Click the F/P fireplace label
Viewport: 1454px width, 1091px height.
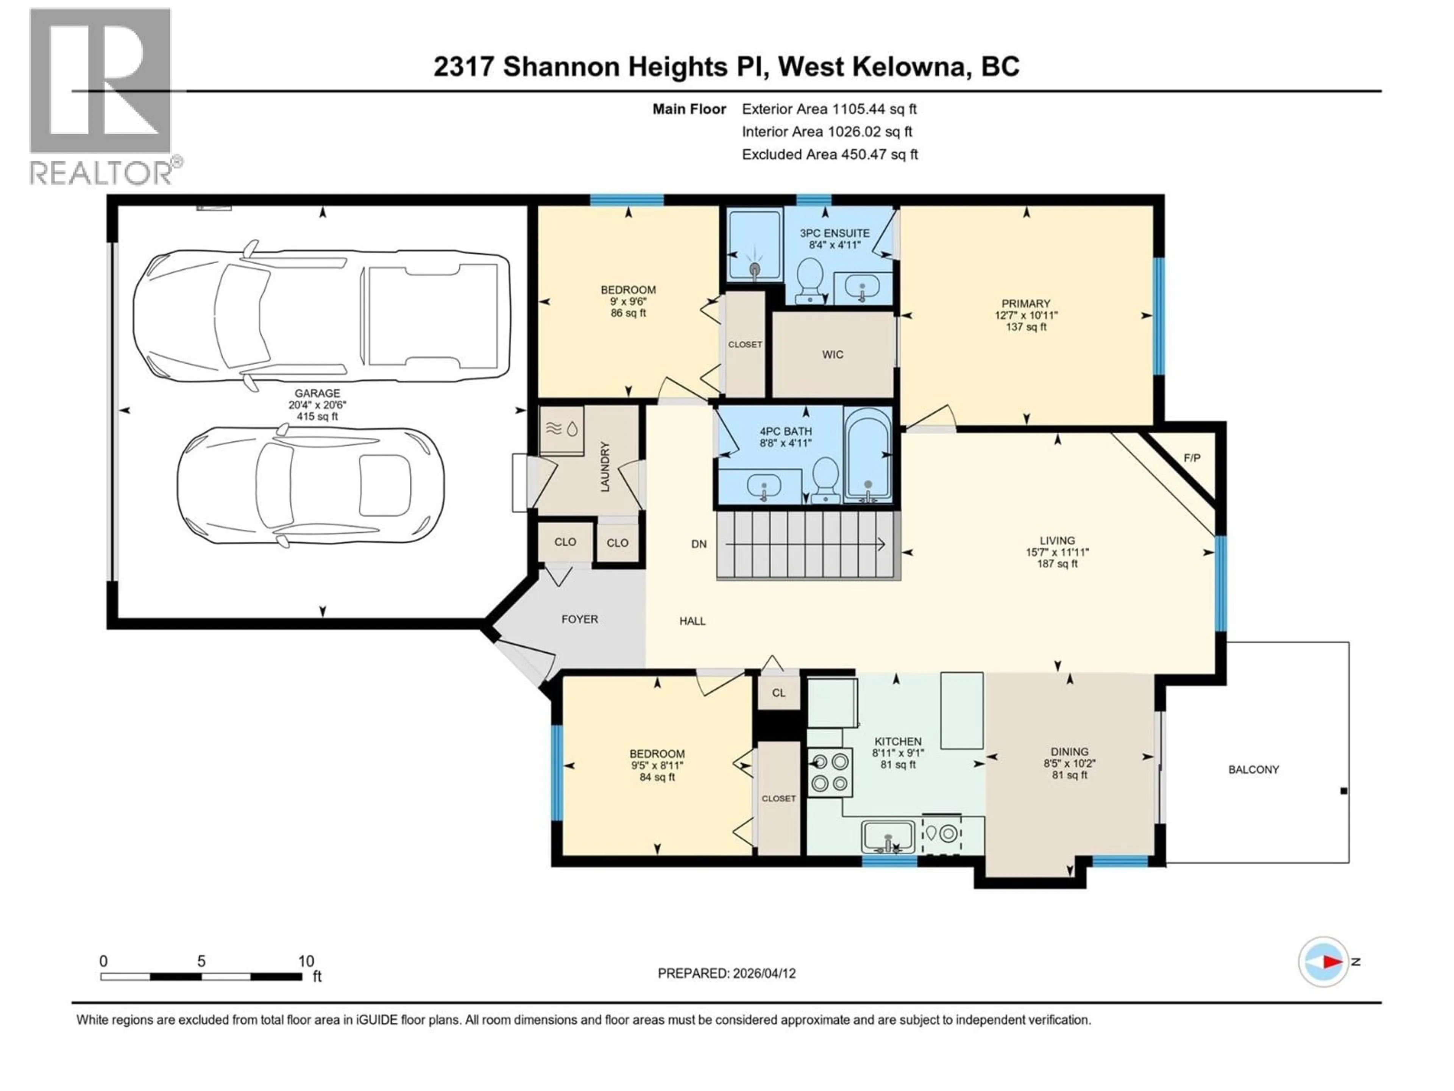tap(1191, 458)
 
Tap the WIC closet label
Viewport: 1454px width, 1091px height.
tap(832, 355)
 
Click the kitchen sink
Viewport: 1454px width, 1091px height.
tap(888, 836)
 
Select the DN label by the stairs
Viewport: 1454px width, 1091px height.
tap(699, 544)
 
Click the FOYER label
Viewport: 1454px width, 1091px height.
tap(579, 619)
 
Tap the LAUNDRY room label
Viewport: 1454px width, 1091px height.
tap(605, 467)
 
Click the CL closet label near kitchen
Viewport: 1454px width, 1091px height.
tap(778, 692)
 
